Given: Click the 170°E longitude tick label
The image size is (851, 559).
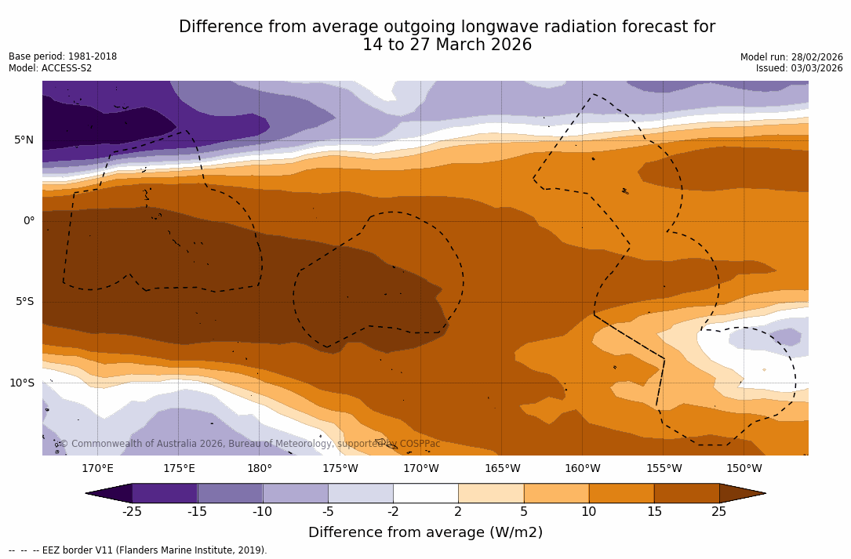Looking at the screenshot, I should (97, 469).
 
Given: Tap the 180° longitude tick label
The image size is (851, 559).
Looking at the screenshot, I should (260, 469).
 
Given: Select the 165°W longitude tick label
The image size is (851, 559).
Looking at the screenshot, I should (502, 469).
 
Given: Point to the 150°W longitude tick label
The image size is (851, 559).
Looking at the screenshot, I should (744, 469).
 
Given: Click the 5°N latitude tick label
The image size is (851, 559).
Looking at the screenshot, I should (24, 140).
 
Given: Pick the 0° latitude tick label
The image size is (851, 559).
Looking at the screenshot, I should (28, 221).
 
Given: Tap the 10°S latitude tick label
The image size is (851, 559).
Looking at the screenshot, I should (21, 383).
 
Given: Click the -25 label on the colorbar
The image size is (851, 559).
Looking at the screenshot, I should (131, 512).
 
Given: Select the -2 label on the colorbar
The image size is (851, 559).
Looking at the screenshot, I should (392, 512).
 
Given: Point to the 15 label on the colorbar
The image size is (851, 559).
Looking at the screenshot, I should (653, 512).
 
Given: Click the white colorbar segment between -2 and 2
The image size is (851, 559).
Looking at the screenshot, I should (425, 493).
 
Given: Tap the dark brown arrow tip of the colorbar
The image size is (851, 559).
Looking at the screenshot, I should (741, 493).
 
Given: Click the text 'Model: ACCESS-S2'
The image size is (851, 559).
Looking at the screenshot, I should (50, 68).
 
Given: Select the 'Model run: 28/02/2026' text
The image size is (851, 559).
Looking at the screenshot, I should (791, 57).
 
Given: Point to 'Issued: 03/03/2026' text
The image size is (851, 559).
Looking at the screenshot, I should (799, 68).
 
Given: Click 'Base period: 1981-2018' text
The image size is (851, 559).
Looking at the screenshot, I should (63, 56).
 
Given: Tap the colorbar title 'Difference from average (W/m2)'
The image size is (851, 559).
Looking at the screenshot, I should (425, 532).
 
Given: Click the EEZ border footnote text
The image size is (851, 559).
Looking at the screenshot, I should (137, 550).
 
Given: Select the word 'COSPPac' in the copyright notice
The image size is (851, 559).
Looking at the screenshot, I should (420, 444).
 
